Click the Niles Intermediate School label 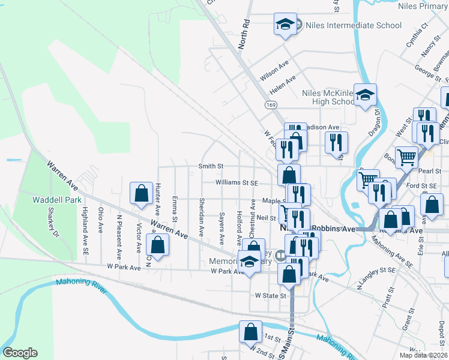(353, 25)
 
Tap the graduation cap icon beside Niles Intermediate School (284, 25)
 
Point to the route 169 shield (273, 105)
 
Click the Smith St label (211, 166)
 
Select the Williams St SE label (237, 183)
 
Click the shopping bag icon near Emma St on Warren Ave (157, 245)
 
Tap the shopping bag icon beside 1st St (250, 332)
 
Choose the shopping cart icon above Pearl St (406, 157)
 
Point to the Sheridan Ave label (202, 217)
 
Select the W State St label (268, 295)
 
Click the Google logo (20, 353)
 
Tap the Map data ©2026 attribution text (423, 355)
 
